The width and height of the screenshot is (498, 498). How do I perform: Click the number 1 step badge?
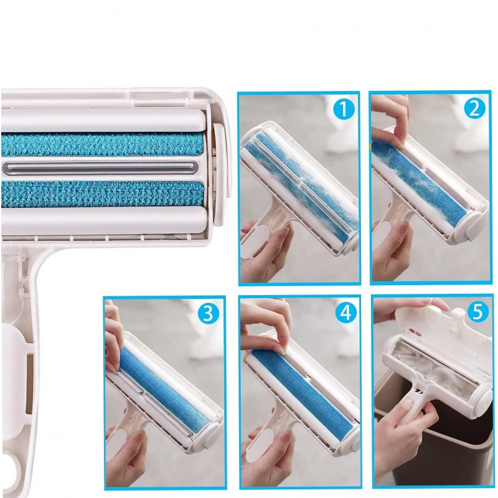tap(344, 109)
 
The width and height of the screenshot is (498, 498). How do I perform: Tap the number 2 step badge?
tap(474, 109)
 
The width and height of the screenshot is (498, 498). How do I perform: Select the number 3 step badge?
tap(208, 314)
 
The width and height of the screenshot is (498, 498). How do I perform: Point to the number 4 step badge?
tap(346, 312)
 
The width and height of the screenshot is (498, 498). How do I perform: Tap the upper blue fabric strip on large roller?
tap(102, 144)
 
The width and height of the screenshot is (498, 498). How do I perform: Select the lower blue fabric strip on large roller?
tap(102, 194)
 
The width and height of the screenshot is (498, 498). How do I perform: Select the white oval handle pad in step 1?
tap(254, 242)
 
